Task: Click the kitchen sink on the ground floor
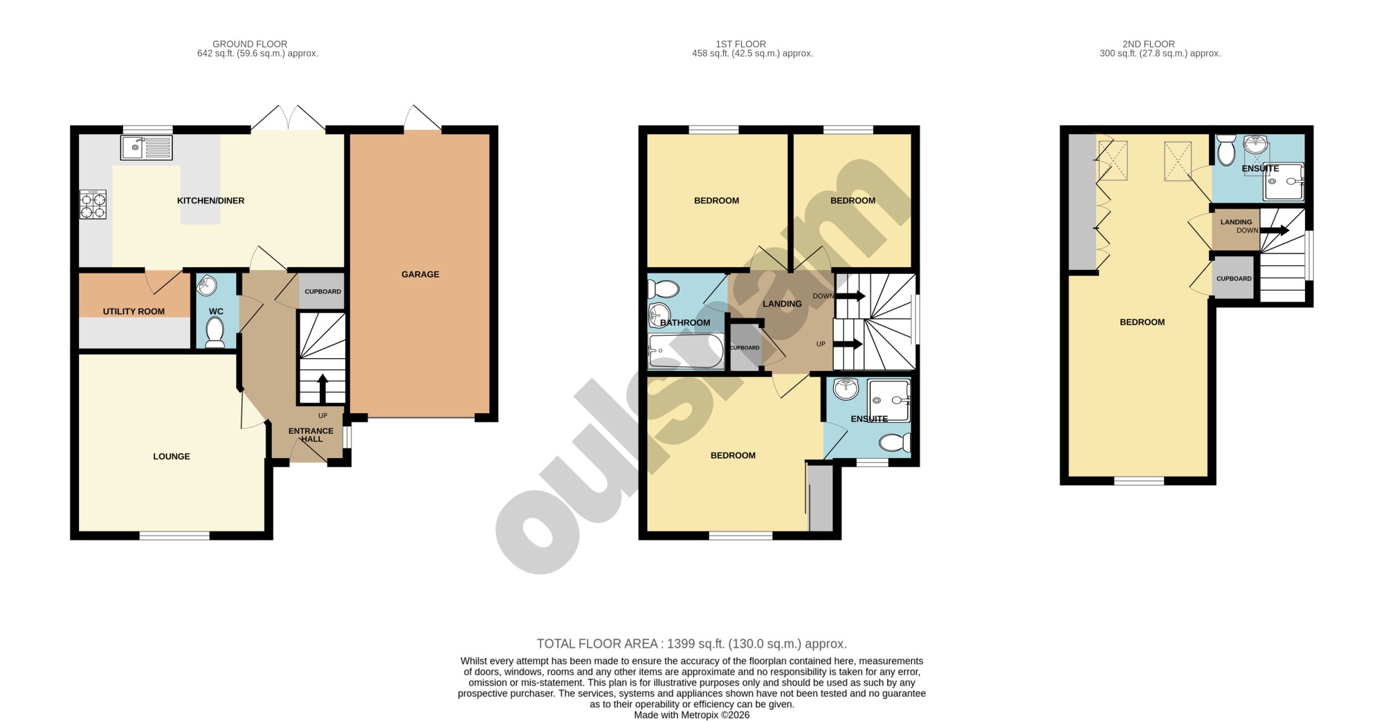(146, 147)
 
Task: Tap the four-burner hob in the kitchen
(93, 204)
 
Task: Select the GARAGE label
(420, 275)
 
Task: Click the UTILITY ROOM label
(134, 311)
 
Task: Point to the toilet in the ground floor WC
(215, 331)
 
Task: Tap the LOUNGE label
(172, 457)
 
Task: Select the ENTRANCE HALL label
(311, 435)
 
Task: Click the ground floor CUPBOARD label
(322, 291)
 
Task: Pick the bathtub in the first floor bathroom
(686, 351)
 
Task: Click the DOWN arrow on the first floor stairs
(850, 296)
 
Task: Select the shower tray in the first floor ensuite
(889, 401)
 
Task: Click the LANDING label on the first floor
(782, 304)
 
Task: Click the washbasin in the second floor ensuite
(1255, 144)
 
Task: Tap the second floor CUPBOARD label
(1234, 279)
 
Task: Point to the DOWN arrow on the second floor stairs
(1275, 230)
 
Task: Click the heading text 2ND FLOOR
(1149, 44)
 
